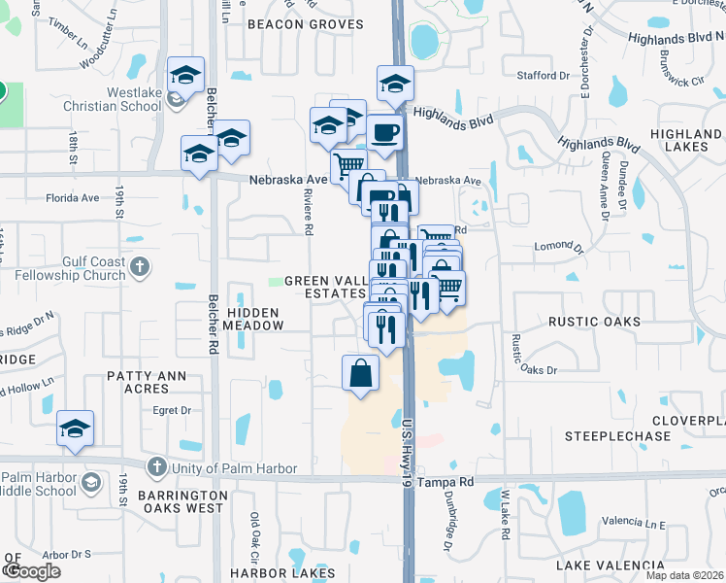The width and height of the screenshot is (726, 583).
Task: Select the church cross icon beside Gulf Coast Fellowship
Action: tap(140, 265)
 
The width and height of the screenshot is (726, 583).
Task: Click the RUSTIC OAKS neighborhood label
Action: tap(594, 322)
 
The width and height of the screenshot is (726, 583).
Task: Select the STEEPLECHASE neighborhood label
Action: tap(618, 436)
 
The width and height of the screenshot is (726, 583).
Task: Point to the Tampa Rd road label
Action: tap(450, 481)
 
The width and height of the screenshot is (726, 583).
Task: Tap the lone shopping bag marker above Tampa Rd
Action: tap(360, 372)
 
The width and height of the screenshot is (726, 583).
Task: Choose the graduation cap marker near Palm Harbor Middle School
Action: tap(75, 429)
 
